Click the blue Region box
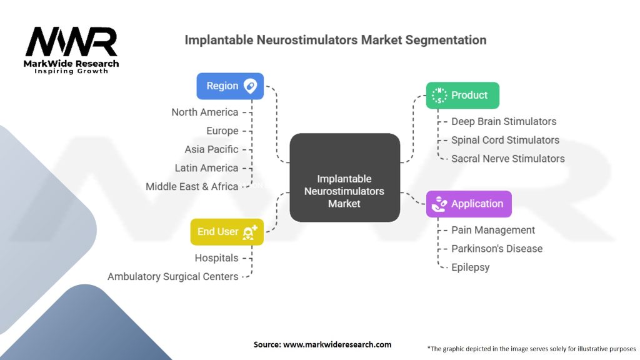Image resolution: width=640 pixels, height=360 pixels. [x=230, y=86]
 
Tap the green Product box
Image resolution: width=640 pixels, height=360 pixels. [x=462, y=96]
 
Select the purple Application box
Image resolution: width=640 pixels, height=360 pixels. [x=469, y=204]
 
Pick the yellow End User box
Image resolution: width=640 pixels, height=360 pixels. [x=227, y=232]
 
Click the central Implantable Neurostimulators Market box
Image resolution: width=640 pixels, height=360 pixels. [x=344, y=178]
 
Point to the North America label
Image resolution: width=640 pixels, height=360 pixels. [x=205, y=112]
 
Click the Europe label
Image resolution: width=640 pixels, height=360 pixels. [x=222, y=131]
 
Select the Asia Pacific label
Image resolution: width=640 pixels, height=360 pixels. [x=211, y=149]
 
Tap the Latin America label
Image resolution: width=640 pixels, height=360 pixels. [x=206, y=168]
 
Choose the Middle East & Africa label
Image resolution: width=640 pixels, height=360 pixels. [x=192, y=186]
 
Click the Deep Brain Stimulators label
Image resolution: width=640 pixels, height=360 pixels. [x=504, y=121]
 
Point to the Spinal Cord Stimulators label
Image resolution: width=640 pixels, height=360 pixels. [x=505, y=140]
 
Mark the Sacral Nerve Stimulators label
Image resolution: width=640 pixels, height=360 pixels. [x=508, y=159]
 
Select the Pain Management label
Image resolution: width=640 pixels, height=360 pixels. [x=493, y=230]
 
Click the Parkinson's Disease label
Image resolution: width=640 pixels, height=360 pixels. [x=497, y=249]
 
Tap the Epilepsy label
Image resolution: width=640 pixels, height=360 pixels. [x=471, y=267]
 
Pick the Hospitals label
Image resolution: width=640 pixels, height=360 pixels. [x=216, y=258]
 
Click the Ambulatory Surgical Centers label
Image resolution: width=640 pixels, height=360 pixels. [x=173, y=276]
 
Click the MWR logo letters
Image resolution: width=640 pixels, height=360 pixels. [x=71, y=42]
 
